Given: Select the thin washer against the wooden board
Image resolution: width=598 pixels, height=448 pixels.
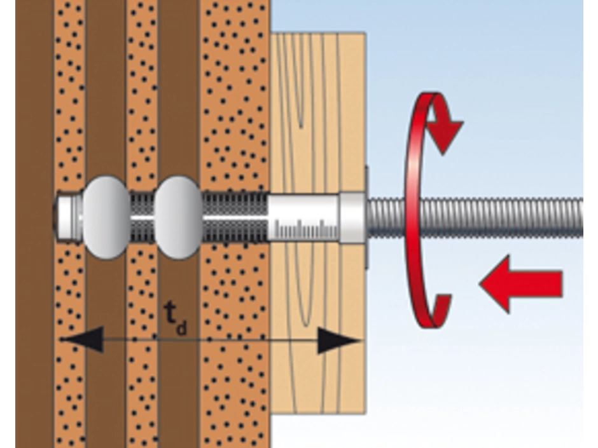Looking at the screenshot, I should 367,217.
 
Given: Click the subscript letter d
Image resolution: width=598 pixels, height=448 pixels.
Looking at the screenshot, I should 182,329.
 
